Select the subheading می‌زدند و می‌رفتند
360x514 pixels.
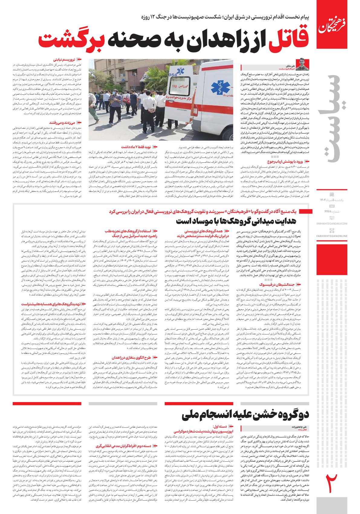click(63, 122)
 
